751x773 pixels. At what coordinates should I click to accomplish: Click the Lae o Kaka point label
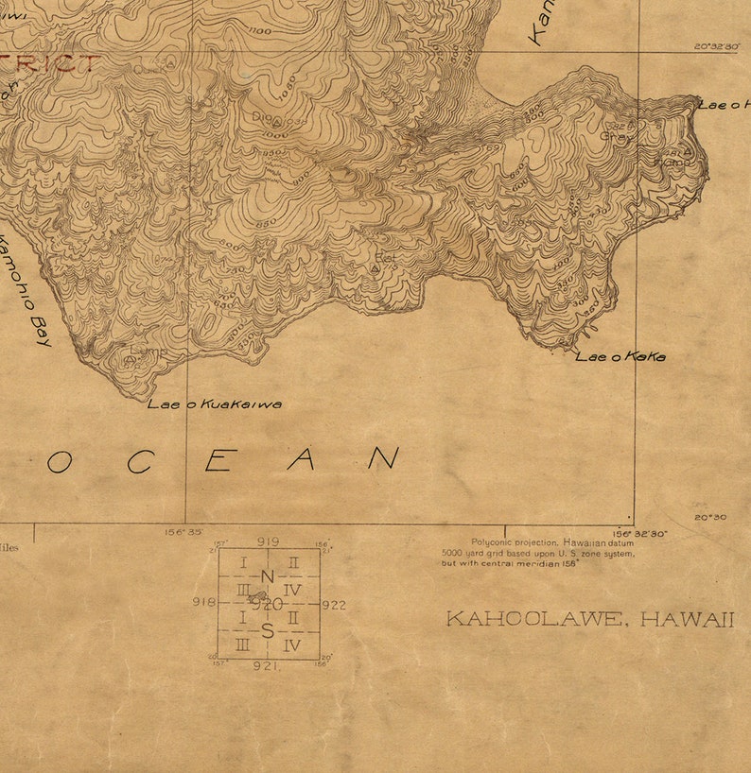pos(620,356)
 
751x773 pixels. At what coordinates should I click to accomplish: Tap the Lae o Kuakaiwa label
pos(214,404)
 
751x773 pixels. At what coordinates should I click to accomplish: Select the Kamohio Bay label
pos(25,290)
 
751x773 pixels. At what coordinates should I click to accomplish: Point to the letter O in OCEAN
pos(60,461)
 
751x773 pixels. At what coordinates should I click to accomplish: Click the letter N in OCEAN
pos(383,458)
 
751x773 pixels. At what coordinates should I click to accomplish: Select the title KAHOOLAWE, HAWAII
pos(590,619)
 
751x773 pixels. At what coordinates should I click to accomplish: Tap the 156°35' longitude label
pos(183,532)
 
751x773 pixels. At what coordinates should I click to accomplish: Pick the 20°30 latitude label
pos(710,517)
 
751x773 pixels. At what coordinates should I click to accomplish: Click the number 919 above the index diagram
pos(268,541)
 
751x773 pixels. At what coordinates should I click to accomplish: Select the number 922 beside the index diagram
pos(334,605)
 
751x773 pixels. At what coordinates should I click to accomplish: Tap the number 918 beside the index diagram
pos(203,602)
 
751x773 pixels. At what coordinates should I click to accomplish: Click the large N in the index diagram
pos(267,577)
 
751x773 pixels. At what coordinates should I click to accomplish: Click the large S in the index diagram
pos(268,631)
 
